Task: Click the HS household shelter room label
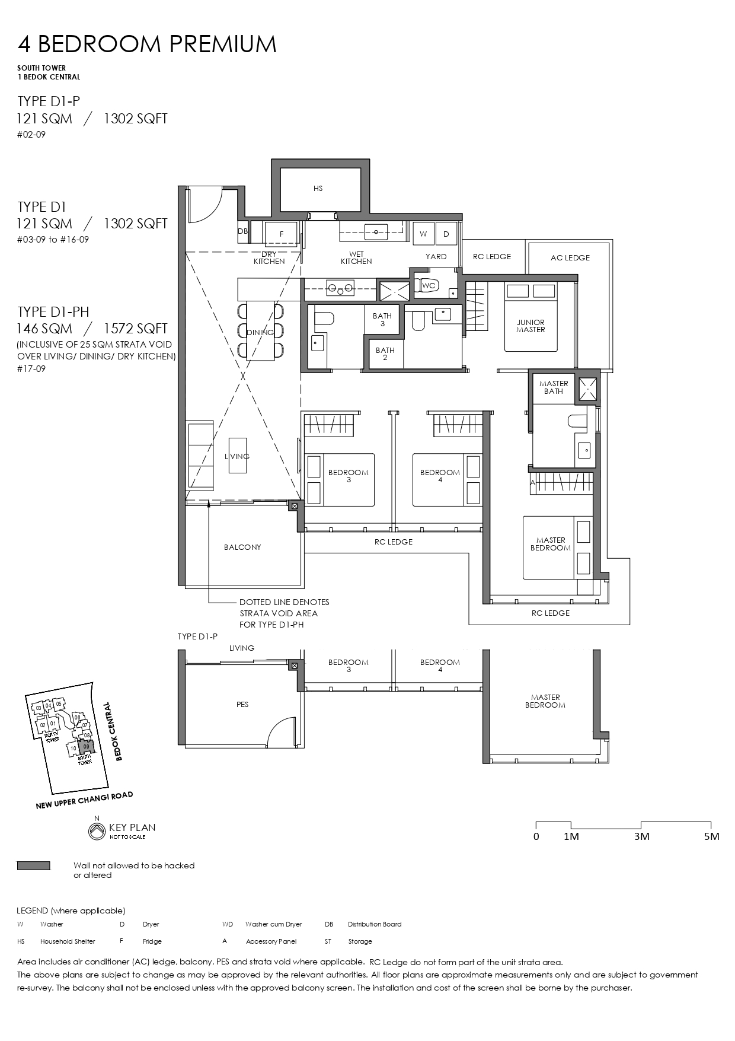click(318, 189)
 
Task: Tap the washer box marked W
click(423, 234)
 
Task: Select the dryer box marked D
click(446, 234)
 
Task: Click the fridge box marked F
click(282, 234)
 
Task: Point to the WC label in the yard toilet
click(429, 286)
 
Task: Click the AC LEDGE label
click(570, 258)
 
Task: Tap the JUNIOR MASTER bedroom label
click(531, 326)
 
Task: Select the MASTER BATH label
click(554, 387)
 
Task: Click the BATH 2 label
click(385, 354)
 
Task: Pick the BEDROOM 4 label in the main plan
click(440, 476)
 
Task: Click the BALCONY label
click(242, 547)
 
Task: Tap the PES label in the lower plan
click(242, 705)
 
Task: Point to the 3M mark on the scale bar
click(641, 836)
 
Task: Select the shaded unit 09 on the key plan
click(87, 746)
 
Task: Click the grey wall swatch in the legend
click(34, 866)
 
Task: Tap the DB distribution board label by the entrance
click(242, 231)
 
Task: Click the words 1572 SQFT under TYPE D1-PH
click(136, 329)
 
